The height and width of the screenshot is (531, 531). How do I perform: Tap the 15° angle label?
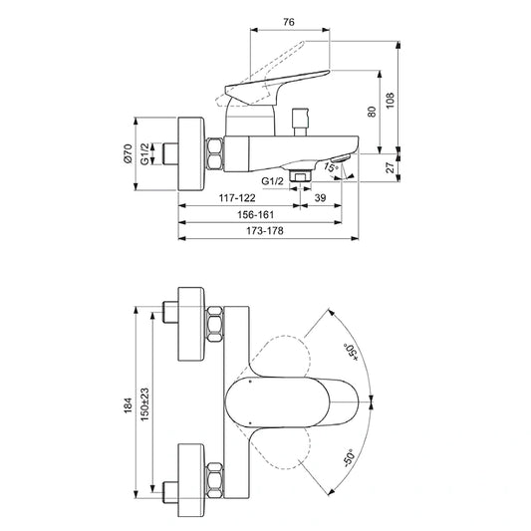(x=332, y=169)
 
